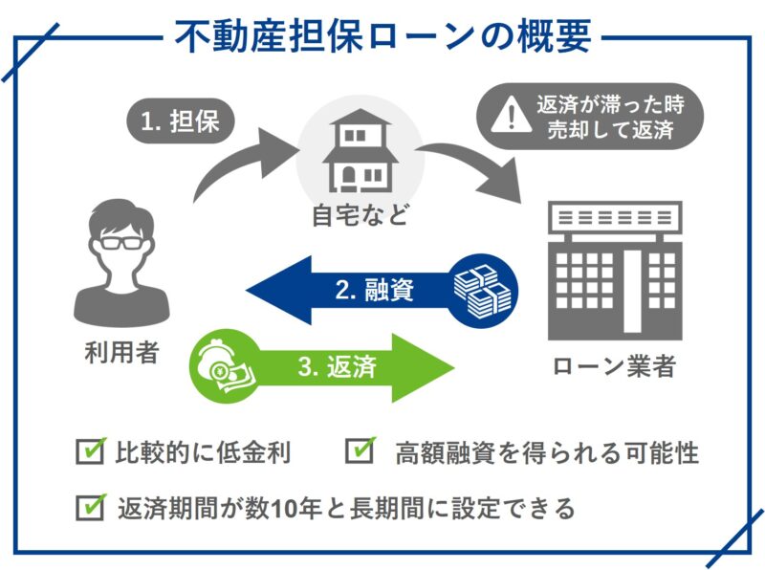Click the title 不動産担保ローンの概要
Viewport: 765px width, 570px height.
(383, 36)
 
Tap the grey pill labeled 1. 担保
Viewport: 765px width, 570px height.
(181, 121)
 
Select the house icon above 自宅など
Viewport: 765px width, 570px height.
(361, 150)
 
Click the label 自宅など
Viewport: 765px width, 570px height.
(361, 215)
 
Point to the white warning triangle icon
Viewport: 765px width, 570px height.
(511, 115)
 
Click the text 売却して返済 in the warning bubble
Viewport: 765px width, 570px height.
(610, 130)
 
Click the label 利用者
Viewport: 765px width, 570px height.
(122, 352)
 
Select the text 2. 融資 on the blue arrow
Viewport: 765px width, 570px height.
(375, 290)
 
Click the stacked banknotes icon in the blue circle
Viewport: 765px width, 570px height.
(482, 290)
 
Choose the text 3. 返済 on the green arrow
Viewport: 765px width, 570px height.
(338, 367)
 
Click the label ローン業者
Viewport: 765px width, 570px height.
(614, 366)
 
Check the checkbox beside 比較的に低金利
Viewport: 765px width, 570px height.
(91, 449)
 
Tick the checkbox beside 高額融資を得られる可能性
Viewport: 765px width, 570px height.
(361, 449)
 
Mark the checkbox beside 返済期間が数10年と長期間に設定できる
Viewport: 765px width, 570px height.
(91, 507)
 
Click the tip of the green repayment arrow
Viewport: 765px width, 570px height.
(454, 367)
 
